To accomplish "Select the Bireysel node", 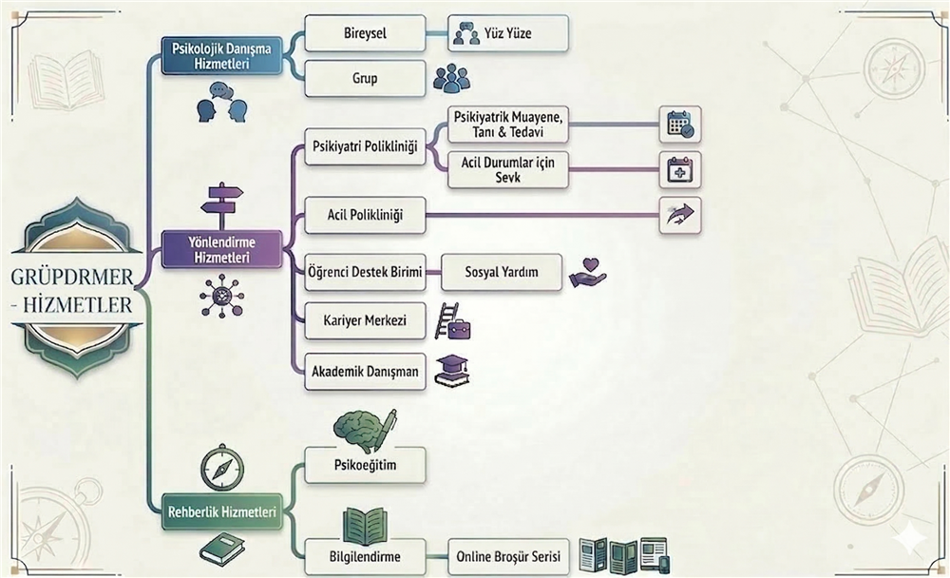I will (x=365, y=33).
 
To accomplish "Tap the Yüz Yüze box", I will (x=508, y=34).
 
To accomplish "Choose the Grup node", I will (x=365, y=78).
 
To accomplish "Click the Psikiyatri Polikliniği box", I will (x=365, y=146).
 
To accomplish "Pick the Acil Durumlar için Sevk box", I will (x=507, y=169).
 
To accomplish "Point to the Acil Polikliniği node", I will (x=365, y=215).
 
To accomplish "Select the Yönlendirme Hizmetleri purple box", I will (x=221, y=249).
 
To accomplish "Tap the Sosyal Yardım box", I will (x=502, y=272).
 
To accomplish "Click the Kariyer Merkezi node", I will (x=365, y=320).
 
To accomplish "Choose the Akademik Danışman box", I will (x=365, y=372).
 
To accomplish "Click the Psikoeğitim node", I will (x=365, y=466).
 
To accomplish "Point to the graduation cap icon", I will (x=451, y=371).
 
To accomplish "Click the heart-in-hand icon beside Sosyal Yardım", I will (x=587, y=273).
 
